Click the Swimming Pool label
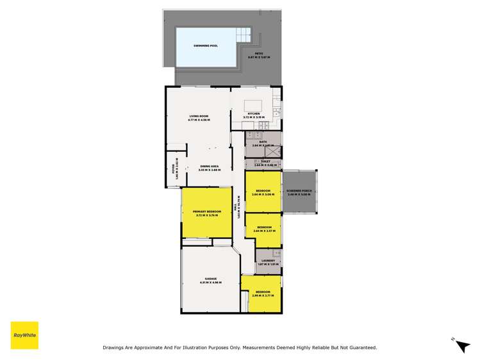coord(206,45)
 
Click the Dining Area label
coord(210,167)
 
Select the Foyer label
coord(172,169)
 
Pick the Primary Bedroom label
coord(206,212)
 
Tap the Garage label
coord(210,279)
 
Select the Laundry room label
coord(267,260)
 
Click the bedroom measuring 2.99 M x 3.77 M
coord(263,293)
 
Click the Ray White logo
coord(24,335)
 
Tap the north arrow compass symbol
coord(462,346)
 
